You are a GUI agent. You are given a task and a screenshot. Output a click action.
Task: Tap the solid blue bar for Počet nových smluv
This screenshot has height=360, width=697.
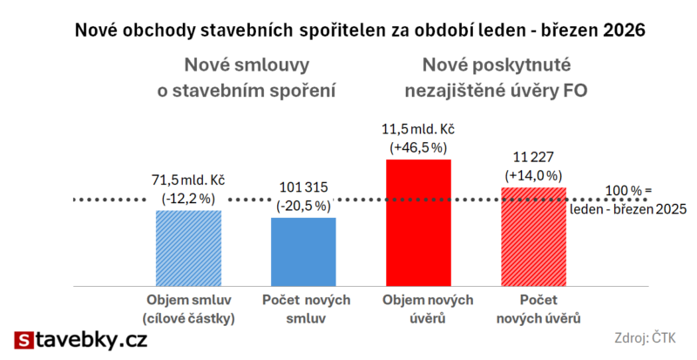coord(303,252)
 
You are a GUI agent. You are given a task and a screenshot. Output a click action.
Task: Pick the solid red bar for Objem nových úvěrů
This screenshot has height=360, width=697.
coord(418,223)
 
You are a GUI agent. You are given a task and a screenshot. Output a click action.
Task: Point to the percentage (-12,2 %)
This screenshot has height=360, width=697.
coord(188,199)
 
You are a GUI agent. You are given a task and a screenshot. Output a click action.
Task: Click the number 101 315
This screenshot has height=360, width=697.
coord(303,189)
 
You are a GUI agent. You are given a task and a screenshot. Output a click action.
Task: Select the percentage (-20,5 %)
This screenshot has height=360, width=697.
coord(303,206)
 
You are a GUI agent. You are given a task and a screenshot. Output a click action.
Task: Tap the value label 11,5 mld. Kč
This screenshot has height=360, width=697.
coord(418,131)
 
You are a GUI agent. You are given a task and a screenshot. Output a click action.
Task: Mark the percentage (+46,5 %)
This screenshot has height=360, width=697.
coord(418,147)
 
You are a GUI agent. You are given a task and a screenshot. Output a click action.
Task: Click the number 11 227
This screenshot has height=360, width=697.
coord(533,159)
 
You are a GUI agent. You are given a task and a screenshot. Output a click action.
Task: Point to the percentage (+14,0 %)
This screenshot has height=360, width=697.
coord(533,175)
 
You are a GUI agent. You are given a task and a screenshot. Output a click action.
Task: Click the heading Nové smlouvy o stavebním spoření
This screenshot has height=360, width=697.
coord(247,77)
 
